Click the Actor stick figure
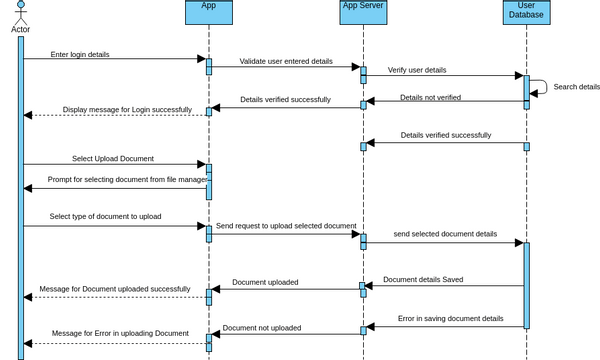tap(20, 12)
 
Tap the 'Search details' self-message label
tap(576, 87)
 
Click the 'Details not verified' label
tap(430, 98)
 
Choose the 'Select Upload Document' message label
tap(112, 158)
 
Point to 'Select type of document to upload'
tap(105, 216)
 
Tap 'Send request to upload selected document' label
tap(286, 227)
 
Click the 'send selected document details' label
tap(445, 233)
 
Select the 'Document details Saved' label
tap(423, 280)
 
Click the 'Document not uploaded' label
tap(262, 328)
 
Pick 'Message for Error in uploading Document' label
tap(120, 333)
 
